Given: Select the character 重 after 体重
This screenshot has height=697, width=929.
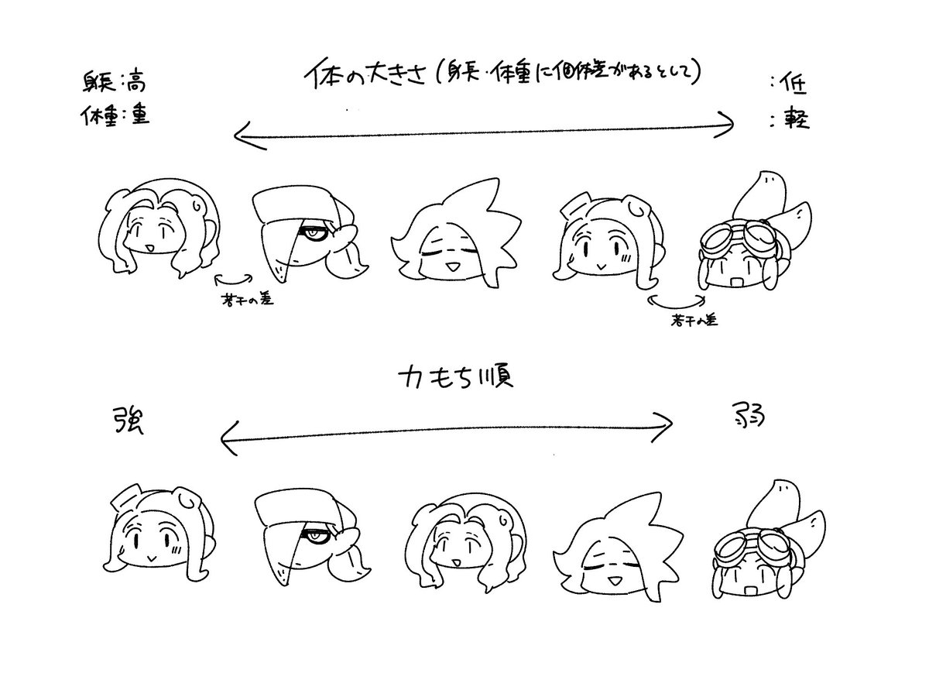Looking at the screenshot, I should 139,116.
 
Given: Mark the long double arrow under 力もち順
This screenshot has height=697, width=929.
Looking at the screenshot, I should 446,430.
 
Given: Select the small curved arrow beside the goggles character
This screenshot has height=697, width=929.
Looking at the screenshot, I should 677,298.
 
